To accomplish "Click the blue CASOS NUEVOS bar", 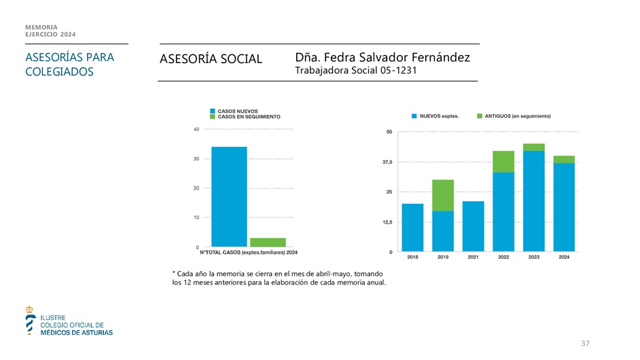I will coord(229,196).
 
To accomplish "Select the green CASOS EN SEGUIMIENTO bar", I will coord(268,242).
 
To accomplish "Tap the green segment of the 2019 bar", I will coord(443,195).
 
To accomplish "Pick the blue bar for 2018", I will coord(412,228).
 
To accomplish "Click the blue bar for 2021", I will coord(473,226).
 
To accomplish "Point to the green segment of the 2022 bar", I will coord(503,162).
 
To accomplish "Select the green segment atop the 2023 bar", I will coord(533,147).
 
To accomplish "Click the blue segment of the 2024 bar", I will coord(564,207).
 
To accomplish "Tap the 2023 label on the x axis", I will coord(533,257).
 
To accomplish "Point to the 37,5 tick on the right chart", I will coord(387,162).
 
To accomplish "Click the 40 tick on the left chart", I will coord(196,129).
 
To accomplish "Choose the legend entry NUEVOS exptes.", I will coord(435,116).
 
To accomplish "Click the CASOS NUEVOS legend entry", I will coord(237,111).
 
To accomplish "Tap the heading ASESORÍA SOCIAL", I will coord(211,60).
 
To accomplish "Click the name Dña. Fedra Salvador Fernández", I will coord(383,58).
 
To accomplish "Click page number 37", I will coord(585,344).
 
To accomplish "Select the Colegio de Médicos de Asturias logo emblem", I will coord(29,320).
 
